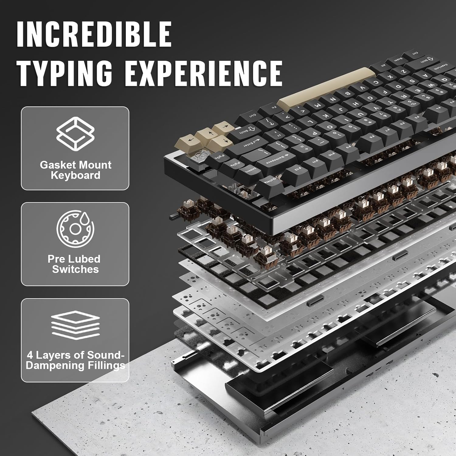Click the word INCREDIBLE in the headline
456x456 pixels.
point(94,34)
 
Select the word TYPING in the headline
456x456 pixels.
point(64,73)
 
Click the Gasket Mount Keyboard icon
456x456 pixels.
point(75,134)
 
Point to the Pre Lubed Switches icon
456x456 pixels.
point(75,229)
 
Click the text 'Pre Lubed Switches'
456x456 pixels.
point(74,264)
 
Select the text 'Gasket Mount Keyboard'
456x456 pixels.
point(75,170)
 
